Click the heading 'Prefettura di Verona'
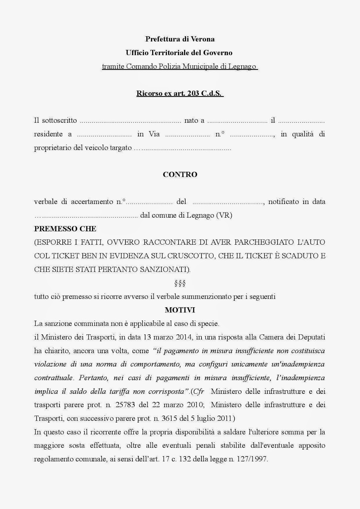tap(180, 39)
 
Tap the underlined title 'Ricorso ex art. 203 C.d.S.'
tap(180, 94)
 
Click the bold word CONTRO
tap(180, 174)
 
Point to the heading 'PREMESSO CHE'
tap(65, 229)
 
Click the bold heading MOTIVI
tap(180, 310)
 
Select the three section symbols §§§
tap(180, 283)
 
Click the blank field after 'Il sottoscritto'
tap(130, 121)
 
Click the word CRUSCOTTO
tap(190, 256)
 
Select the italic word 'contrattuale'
tap(53, 378)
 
